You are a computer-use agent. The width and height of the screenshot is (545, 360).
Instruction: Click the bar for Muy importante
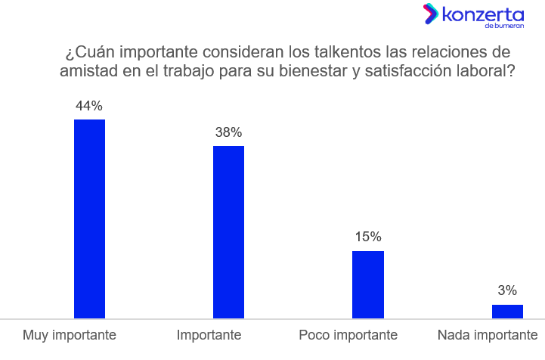click(x=89, y=219)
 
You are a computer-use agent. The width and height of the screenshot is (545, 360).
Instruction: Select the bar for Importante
click(x=228, y=231)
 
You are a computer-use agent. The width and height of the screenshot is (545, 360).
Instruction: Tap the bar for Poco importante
click(x=368, y=284)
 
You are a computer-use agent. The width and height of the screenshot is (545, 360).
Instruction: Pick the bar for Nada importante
click(x=507, y=312)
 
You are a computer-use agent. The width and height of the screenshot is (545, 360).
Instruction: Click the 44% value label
click(x=89, y=106)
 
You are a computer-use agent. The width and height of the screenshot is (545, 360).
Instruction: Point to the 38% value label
click(x=228, y=132)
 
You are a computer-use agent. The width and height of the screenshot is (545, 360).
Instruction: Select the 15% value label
click(x=368, y=237)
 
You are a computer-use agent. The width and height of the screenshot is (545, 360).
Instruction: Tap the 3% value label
click(x=507, y=290)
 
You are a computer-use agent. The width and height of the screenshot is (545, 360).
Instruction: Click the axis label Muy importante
click(x=70, y=335)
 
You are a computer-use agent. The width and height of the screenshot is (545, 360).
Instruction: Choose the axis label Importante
click(x=209, y=335)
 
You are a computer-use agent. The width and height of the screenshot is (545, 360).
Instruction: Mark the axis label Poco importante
click(x=348, y=335)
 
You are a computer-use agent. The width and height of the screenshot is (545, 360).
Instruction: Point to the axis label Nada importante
click(x=488, y=335)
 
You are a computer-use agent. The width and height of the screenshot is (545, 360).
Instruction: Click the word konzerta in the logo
click(x=482, y=14)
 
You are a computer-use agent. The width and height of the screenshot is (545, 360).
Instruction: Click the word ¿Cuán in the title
click(x=89, y=53)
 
